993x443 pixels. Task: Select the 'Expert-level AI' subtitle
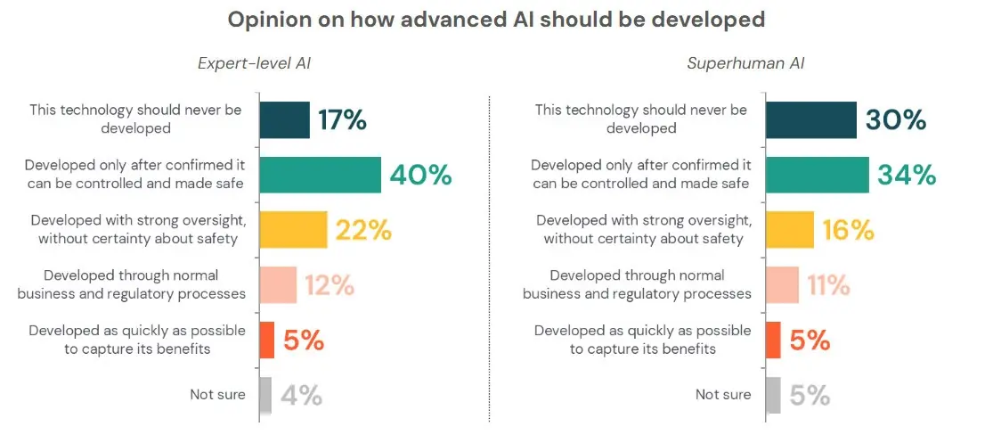pos(254,63)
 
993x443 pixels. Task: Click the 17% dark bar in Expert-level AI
pos(284,119)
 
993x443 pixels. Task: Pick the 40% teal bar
pos(320,175)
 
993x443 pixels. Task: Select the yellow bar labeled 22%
pos(293,230)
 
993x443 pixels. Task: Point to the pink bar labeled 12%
pos(278,284)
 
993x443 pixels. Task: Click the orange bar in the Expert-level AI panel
pos(266,340)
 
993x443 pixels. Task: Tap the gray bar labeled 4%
pos(265,395)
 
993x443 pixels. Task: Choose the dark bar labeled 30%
pos(810,119)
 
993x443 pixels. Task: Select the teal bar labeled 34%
pos(817,175)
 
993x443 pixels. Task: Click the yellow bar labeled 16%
pos(789,230)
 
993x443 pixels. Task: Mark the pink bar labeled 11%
pos(782,284)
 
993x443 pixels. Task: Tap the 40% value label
pos(420,175)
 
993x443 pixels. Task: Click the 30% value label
pos(895,119)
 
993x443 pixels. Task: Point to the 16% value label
pos(848,230)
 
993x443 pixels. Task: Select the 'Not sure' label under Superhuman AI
pos(723,394)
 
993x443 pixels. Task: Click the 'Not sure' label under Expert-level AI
pos(217,394)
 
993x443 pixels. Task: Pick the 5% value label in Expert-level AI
pos(303,340)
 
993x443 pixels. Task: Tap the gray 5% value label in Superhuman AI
pos(810,395)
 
